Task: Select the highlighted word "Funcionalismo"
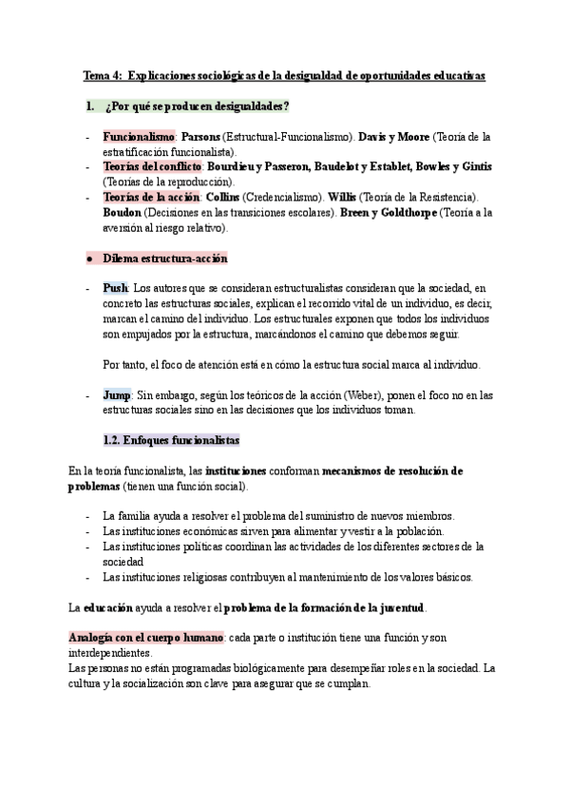coord(137,137)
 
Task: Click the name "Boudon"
coord(123,213)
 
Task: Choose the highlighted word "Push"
coord(115,288)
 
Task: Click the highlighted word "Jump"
coord(117,395)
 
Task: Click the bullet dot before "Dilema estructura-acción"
coord(87,259)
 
